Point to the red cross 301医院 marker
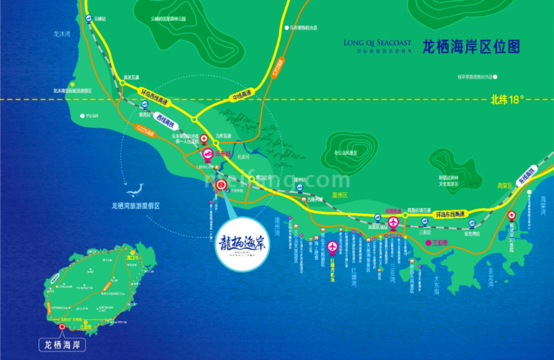pyautogui.click(x=512, y=216)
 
